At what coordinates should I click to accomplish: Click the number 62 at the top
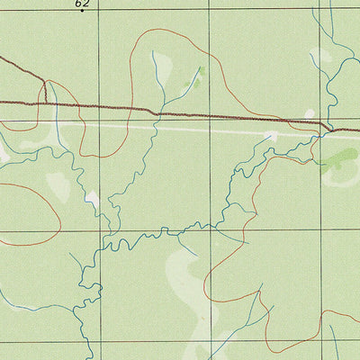tap(82, 4)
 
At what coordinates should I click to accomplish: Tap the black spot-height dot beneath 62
tap(82, 12)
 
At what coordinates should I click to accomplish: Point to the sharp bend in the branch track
tap(43, 82)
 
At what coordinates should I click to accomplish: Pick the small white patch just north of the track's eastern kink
tap(310, 113)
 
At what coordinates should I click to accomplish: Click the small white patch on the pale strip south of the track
tap(270, 136)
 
